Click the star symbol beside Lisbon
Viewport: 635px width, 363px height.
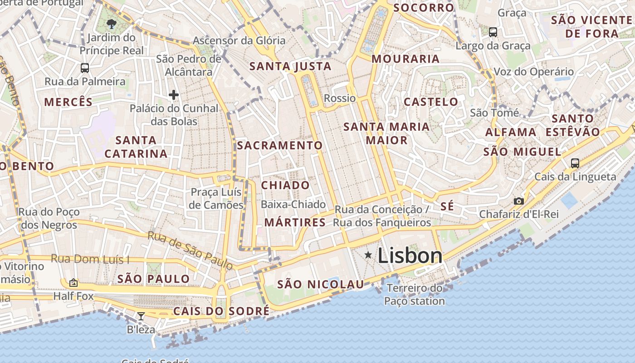pos(368,255)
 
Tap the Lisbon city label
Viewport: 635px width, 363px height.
pos(410,256)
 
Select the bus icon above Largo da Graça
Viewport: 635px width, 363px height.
pos(493,32)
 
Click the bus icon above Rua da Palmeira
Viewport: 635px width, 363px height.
pos(85,68)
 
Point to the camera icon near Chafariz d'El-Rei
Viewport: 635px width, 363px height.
pos(519,201)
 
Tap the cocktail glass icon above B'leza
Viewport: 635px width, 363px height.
pos(141,316)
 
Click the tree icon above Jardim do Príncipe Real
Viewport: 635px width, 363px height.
pos(111,24)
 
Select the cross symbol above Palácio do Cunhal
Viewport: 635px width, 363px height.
pos(173,95)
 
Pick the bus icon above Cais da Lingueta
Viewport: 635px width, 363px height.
pos(575,163)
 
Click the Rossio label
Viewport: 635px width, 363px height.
pos(340,98)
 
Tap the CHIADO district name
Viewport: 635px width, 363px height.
pos(285,185)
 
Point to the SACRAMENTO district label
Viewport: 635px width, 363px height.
pos(279,146)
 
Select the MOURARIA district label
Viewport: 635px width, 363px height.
pos(405,59)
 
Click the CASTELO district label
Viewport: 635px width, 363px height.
pos(431,102)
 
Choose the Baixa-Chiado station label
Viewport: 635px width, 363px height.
pos(293,205)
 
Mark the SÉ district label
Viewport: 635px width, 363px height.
pos(447,206)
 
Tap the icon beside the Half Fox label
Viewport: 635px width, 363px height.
pos(73,283)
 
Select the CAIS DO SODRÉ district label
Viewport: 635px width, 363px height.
pos(221,311)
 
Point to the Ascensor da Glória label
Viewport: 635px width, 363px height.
pos(239,40)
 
